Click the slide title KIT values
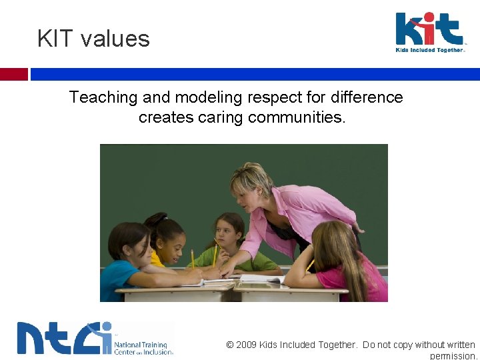(93, 39)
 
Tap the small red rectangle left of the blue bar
(13, 74)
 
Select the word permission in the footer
(453, 356)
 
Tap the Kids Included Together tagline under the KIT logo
(430, 50)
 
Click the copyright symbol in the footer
(230, 345)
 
